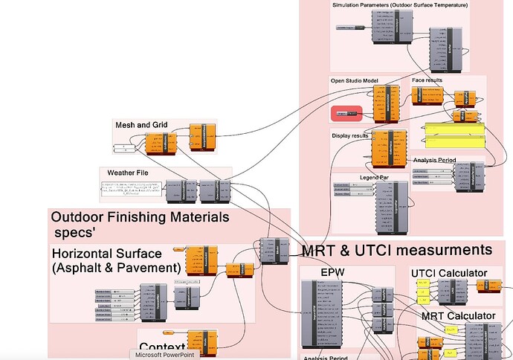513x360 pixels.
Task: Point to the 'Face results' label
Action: tap(433, 80)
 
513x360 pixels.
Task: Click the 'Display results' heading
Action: tap(355, 135)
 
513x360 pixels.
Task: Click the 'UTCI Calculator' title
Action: tap(449, 273)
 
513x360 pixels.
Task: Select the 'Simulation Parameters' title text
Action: tap(400, 6)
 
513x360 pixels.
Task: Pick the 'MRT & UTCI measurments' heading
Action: tap(397, 250)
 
